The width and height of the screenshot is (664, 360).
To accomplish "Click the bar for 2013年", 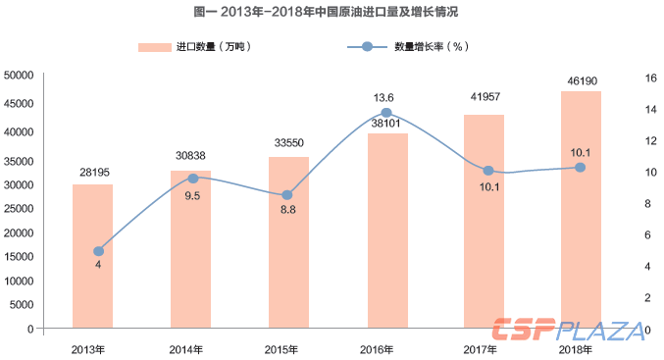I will [x=92, y=257].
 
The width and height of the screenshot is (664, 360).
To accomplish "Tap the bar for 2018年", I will [x=581, y=210].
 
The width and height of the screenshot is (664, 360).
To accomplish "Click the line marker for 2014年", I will [x=193, y=179].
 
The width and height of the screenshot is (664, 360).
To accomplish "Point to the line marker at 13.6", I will [x=386, y=113].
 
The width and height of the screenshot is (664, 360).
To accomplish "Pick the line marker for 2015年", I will [x=287, y=195].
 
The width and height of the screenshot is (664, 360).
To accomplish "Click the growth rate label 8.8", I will [x=287, y=211].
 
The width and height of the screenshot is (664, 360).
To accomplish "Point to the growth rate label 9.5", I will [x=193, y=195].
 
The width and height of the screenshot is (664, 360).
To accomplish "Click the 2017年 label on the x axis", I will [x=483, y=349].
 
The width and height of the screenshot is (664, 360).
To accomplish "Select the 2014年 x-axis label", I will [x=186, y=349].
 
